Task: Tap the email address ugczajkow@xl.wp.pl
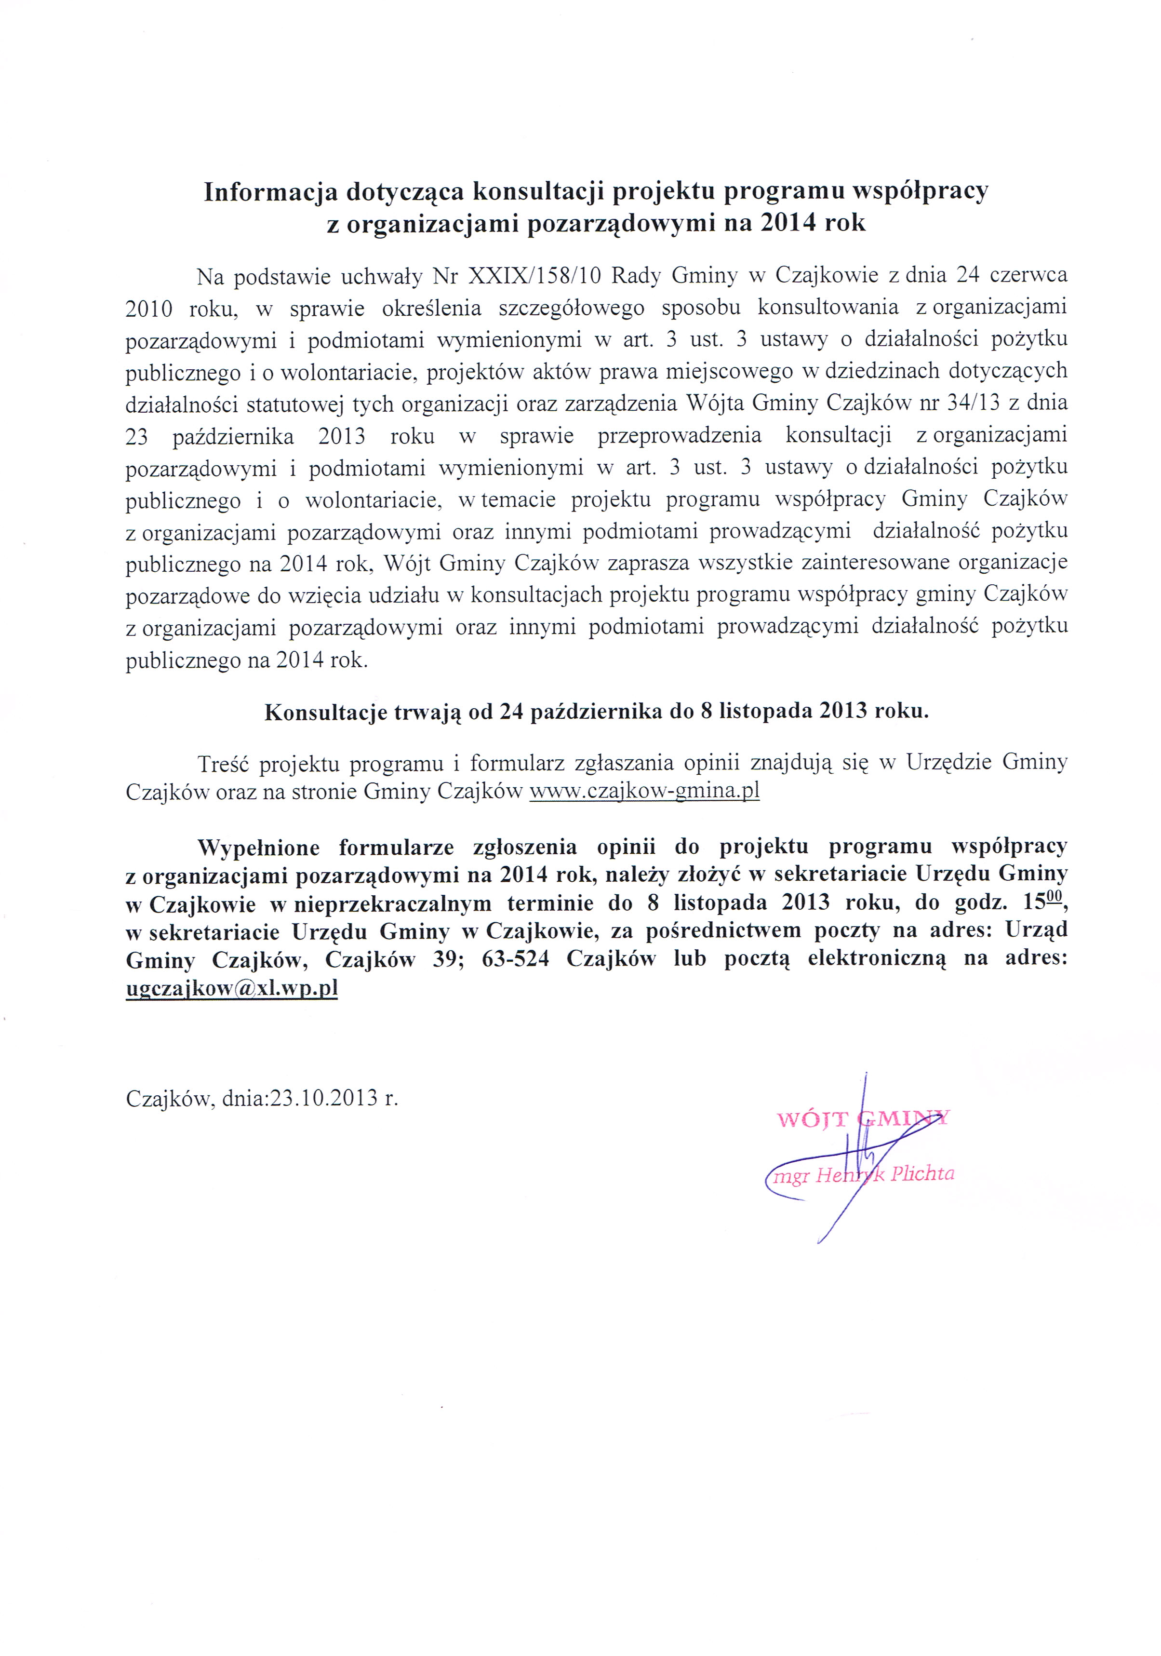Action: coord(231,987)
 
